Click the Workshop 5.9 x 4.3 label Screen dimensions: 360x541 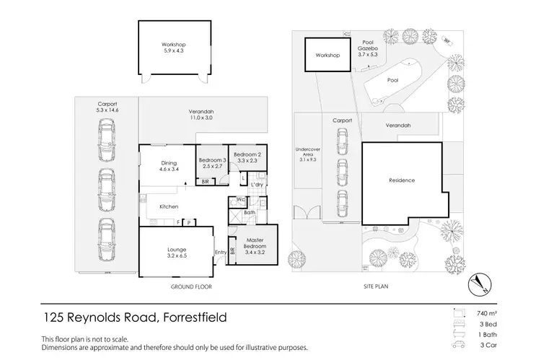click(x=168, y=48)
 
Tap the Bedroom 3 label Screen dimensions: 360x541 click(x=214, y=163)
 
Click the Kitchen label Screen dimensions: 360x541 click(x=169, y=207)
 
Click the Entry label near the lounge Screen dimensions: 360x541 click(x=219, y=252)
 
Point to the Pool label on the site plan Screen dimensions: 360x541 click(x=392, y=82)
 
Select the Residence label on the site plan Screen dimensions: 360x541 click(x=401, y=180)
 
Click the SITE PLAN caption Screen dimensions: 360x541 click(x=375, y=286)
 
